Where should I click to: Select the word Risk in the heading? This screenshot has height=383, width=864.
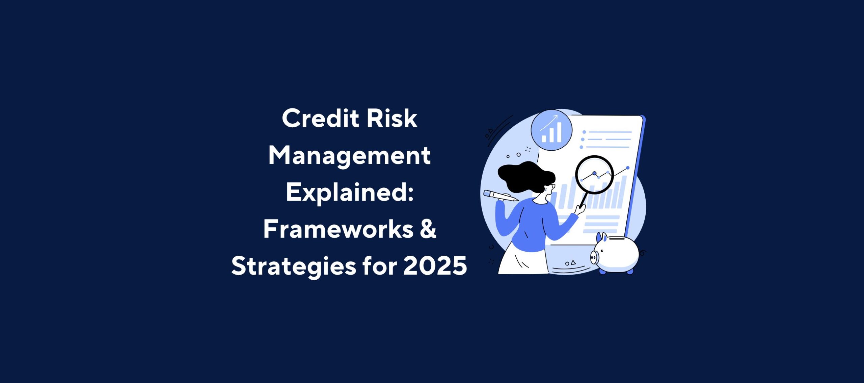pos(392,119)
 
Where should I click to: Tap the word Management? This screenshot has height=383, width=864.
pos(349,156)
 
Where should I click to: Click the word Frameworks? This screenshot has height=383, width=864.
pos(338,229)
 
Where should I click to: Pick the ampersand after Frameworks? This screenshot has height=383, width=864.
pos(428,229)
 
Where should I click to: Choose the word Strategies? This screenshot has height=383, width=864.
pos(294,266)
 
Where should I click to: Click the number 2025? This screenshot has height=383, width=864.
pos(435,266)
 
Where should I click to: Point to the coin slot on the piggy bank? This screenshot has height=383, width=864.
pos(617,238)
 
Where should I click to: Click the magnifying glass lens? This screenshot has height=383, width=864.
pos(594,174)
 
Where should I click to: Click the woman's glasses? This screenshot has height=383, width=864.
pos(552,186)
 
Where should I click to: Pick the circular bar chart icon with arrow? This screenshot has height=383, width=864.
pos(551,130)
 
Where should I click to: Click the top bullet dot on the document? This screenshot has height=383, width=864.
pos(584,132)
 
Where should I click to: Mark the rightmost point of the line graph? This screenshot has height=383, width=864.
pos(628,168)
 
